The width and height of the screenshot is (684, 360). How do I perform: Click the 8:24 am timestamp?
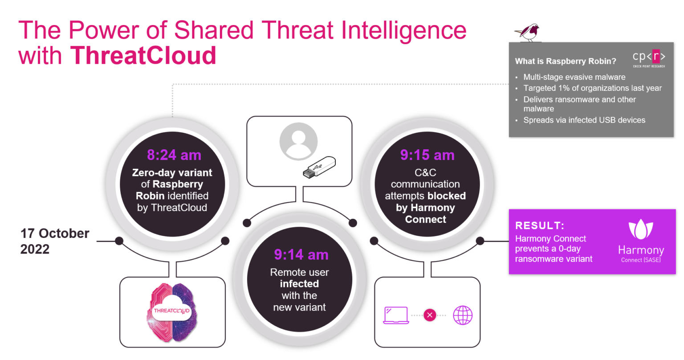[x=174, y=155]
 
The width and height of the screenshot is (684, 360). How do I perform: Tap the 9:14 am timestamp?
[x=301, y=254]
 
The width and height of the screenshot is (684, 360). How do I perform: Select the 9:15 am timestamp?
[x=427, y=155]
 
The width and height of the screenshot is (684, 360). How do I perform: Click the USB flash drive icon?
[x=319, y=167]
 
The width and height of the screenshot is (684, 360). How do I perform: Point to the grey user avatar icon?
[x=298, y=141]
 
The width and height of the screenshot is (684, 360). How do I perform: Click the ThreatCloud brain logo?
[x=172, y=312]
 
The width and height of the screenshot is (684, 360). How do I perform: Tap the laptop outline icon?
[x=396, y=315]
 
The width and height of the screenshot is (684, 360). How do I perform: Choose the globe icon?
[x=463, y=315]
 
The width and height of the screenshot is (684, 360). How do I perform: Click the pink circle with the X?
[x=430, y=315]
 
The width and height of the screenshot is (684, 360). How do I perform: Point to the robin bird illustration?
[x=528, y=32]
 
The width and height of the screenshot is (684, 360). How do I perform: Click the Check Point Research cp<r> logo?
[x=649, y=58]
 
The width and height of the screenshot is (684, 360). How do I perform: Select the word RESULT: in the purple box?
[x=540, y=225]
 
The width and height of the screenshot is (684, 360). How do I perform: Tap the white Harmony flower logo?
[x=641, y=229]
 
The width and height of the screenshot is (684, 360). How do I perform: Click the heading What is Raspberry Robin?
[x=566, y=61]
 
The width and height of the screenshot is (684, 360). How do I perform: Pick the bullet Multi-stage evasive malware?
[x=574, y=77]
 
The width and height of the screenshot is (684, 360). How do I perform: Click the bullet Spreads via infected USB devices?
[x=584, y=120]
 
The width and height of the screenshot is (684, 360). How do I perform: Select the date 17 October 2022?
[x=55, y=241]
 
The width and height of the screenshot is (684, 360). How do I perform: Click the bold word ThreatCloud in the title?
[x=143, y=55]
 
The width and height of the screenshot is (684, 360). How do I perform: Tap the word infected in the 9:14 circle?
[x=299, y=284]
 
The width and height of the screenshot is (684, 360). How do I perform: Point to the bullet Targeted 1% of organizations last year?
[x=592, y=88]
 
